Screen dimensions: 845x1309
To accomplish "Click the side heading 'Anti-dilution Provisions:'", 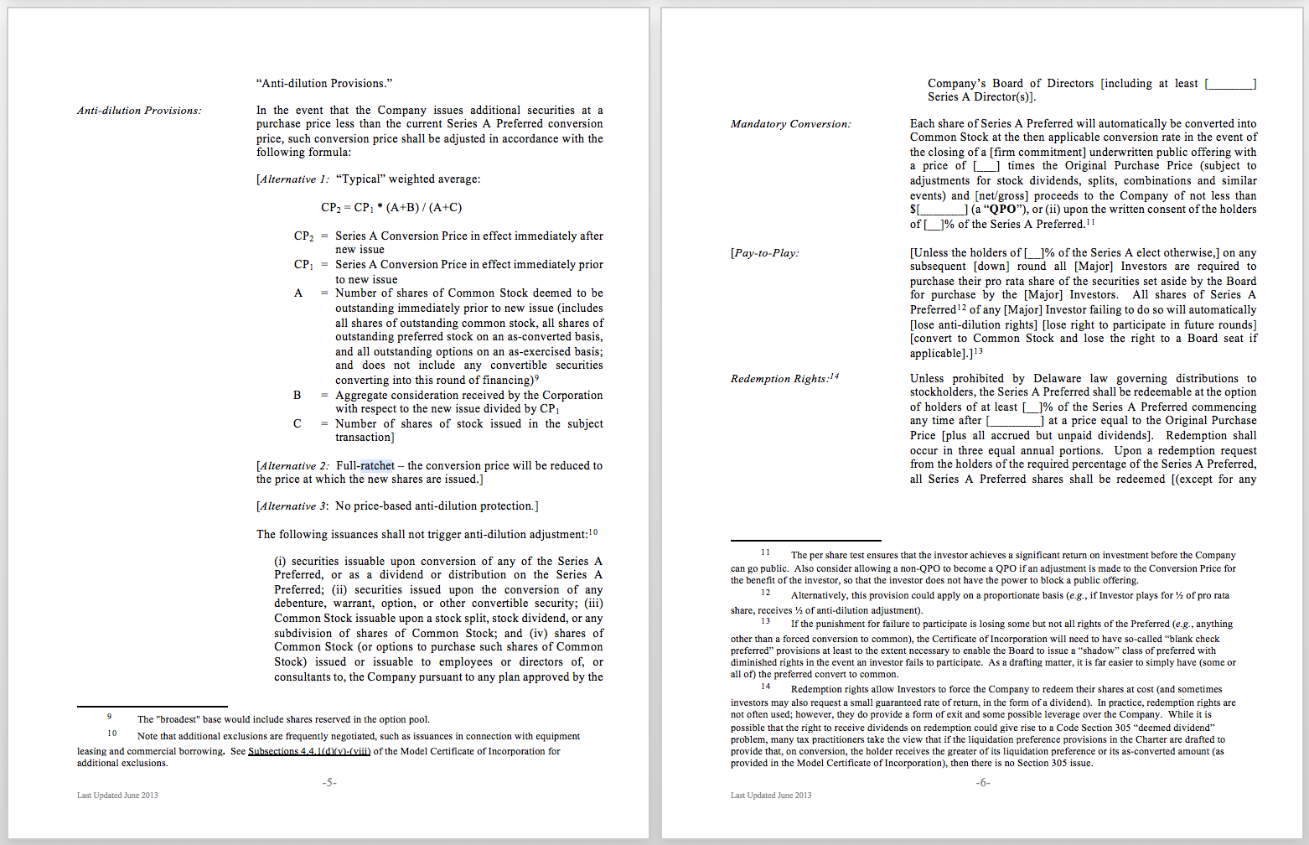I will [x=139, y=111].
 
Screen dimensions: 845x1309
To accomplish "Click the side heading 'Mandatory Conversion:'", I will [x=790, y=124].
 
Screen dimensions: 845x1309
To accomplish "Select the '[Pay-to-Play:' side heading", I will [x=764, y=253].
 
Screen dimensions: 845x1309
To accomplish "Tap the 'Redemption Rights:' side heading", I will [x=779, y=379].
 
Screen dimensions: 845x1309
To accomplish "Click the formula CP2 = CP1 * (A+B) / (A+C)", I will [x=391, y=208].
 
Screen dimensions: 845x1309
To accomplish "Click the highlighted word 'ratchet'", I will [x=377, y=466].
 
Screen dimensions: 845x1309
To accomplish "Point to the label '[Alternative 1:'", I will [x=292, y=179].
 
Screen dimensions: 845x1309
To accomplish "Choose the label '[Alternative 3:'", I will [x=292, y=506].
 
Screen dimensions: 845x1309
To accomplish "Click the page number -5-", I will [x=329, y=782].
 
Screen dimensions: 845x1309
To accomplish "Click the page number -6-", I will [x=983, y=782].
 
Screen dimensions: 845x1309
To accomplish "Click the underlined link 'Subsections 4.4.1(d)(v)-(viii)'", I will [x=309, y=751].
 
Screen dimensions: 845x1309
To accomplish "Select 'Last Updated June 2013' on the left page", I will [x=117, y=796].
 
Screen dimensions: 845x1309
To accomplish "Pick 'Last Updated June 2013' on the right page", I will [x=771, y=796].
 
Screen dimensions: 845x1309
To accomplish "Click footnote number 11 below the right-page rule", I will [x=765, y=553].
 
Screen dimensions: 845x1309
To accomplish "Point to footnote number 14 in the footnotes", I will [x=765, y=687].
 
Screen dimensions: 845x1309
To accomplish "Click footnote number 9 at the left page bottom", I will [x=109, y=717].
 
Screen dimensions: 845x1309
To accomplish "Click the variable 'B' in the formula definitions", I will [x=297, y=395].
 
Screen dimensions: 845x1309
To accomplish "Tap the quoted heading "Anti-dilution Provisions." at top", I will [x=324, y=84].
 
